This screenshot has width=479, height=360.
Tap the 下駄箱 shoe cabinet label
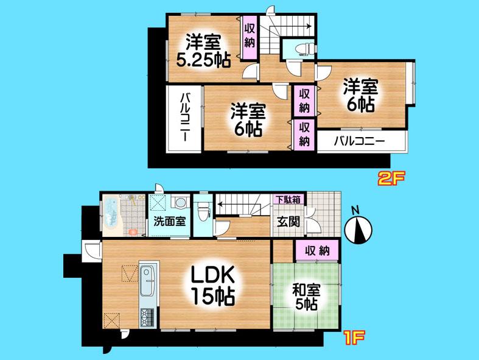(x=287, y=199)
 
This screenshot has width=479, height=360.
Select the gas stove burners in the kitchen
(x=149, y=317)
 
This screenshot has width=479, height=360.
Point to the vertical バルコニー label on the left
(x=184, y=119)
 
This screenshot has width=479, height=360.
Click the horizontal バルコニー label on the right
(x=359, y=142)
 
